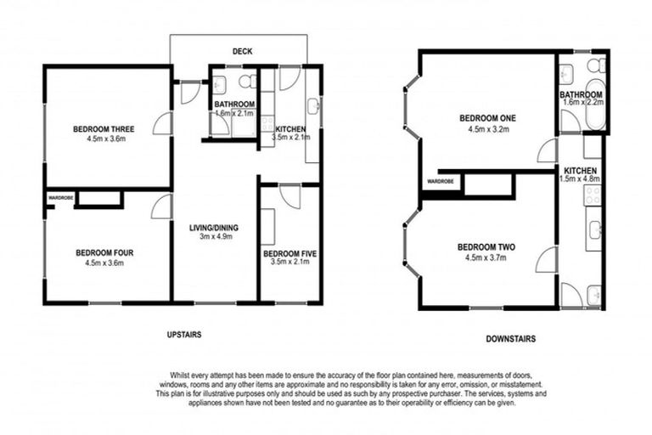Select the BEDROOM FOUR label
(x=104, y=252)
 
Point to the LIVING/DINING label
(x=214, y=227)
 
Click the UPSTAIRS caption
(x=184, y=335)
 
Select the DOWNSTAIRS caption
(x=511, y=339)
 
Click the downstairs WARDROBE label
(x=440, y=182)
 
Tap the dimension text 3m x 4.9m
(x=214, y=237)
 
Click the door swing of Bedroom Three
(x=162, y=125)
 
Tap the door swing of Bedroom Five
(x=289, y=196)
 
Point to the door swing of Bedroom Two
(x=545, y=260)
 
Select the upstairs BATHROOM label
(x=234, y=105)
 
